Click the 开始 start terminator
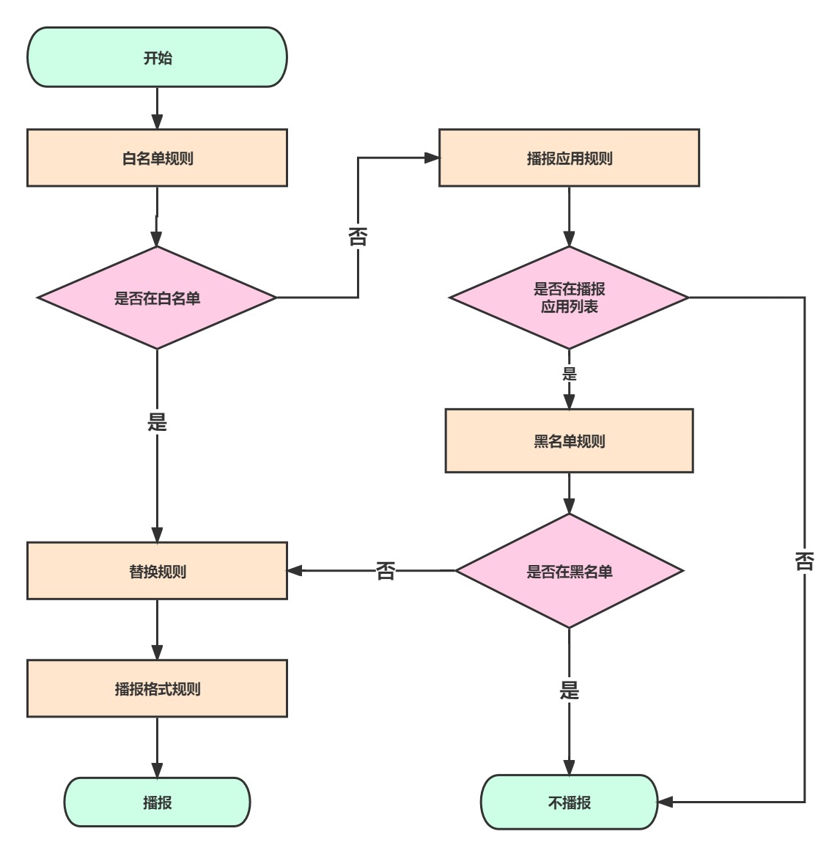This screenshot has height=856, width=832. pos(157,57)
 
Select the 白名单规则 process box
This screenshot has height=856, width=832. pos(157,158)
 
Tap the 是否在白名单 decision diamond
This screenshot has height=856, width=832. pos(157,298)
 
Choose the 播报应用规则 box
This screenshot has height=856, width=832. pos(569,158)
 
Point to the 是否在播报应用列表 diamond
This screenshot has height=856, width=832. pos(569,298)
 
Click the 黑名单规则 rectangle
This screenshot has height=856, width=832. pos(569,440)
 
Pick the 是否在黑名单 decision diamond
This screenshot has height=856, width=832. pos(569,570)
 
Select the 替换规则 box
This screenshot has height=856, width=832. pos(157,570)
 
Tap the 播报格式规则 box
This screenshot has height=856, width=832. pos(157,688)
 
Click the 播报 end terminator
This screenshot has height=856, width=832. pos(157,802)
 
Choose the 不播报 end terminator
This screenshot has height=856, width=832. pos(569,802)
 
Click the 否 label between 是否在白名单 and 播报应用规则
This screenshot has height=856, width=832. pos(358,237)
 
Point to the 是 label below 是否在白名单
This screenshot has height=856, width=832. pos(157,421)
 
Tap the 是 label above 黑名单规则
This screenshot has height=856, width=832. pos(570,374)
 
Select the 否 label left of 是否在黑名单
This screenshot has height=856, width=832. pos(386,571)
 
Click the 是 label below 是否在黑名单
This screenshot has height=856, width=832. pos(570,690)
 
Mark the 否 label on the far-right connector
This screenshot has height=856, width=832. pos(805,561)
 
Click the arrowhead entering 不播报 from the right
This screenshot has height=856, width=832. pos(665,802)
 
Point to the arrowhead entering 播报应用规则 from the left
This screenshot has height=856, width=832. pos(432,158)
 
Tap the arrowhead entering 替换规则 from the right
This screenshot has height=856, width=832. pos(295,570)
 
